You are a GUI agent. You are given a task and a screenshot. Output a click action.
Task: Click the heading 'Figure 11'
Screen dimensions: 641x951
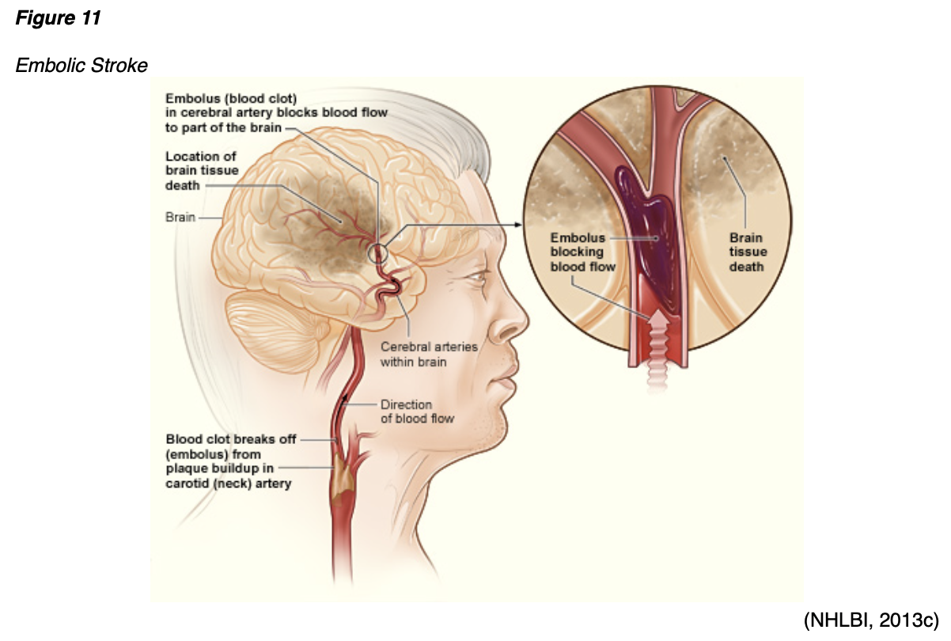click(x=58, y=18)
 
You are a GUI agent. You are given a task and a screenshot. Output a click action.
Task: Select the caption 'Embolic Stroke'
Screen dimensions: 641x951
click(x=81, y=65)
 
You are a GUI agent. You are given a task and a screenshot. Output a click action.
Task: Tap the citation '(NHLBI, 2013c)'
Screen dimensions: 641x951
click(x=870, y=620)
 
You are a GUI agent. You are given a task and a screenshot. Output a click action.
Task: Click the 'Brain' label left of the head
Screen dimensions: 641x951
click(x=180, y=216)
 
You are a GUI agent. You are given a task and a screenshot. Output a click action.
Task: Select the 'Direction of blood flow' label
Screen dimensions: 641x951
click(x=417, y=411)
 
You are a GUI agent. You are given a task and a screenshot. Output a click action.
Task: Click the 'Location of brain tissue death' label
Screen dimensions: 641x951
click(x=202, y=170)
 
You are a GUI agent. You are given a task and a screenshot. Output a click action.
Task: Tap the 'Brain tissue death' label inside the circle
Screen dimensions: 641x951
click(x=747, y=252)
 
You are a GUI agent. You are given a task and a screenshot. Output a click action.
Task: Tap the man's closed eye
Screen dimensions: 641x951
click(x=476, y=278)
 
